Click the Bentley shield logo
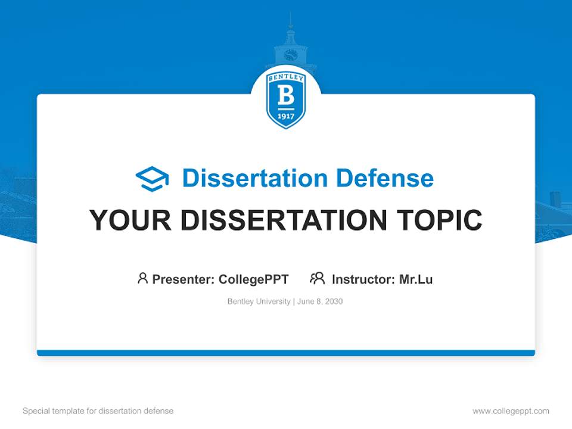pyautogui.click(x=286, y=99)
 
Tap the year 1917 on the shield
pyautogui.click(x=286, y=116)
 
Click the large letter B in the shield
pyautogui.click(x=286, y=95)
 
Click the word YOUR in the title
pyautogui.click(x=130, y=220)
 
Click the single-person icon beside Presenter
pyautogui.click(x=142, y=278)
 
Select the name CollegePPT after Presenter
pyautogui.click(x=254, y=279)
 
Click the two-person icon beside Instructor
pyautogui.click(x=317, y=278)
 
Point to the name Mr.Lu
pyautogui.click(x=416, y=279)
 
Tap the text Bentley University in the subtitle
pyautogui.click(x=259, y=301)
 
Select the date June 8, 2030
pyautogui.click(x=320, y=301)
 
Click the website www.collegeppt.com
pyautogui.click(x=511, y=411)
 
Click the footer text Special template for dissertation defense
pyautogui.click(x=98, y=411)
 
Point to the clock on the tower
pyautogui.click(x=290, y=55)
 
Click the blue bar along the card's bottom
pyautogui.click(x=286, y=353)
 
